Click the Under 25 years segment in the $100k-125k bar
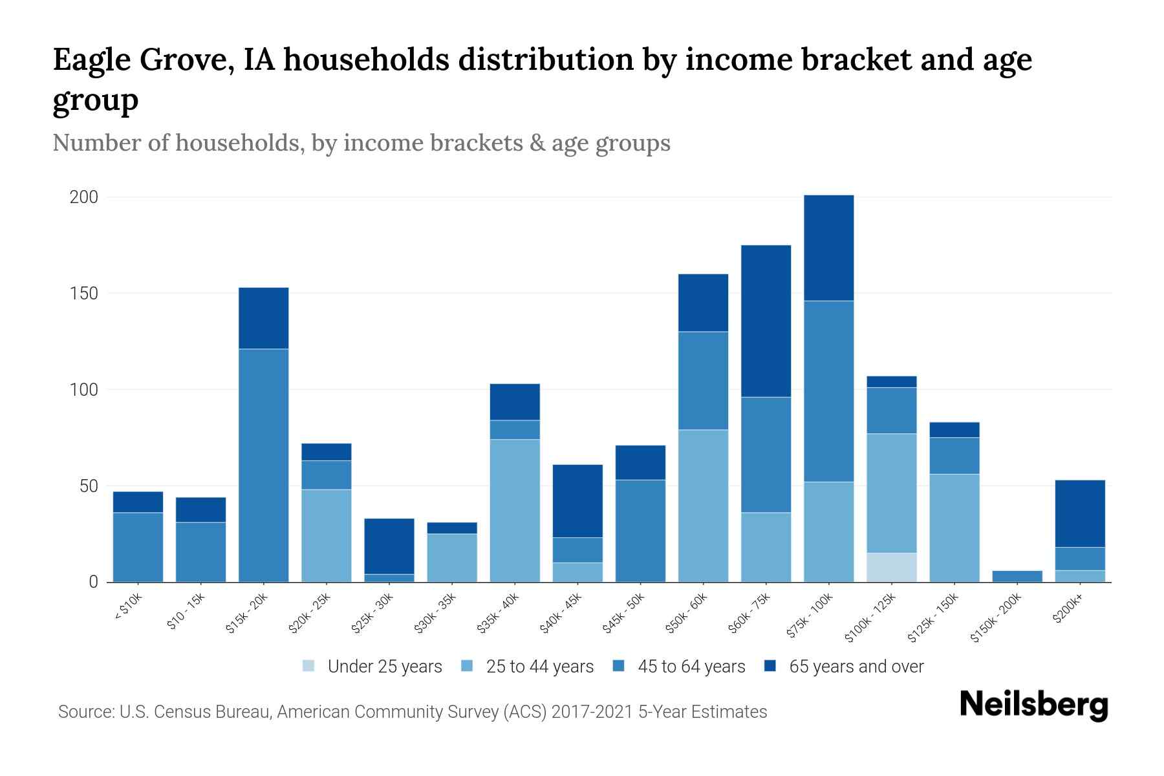(x=892, y=567)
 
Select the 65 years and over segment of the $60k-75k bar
(x=766, y=321)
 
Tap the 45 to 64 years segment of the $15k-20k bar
(x=264, y=465)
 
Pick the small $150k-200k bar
(x=1017, y=576)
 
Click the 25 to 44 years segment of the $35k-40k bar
(x=515, y=510)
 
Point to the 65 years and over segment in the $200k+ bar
(x=1080, y=513)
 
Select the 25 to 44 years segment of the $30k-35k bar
(x=452, y=557)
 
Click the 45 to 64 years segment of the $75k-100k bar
(x=828, y=391)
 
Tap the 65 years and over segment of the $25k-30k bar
(x=389, y=546)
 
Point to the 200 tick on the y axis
(x=83, y=197)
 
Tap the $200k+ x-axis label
(x=1067, y=610)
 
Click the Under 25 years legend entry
(x=372, y=667)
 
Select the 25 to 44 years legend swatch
(x=467, y=666)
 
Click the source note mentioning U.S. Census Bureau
(x=413, y=712)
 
